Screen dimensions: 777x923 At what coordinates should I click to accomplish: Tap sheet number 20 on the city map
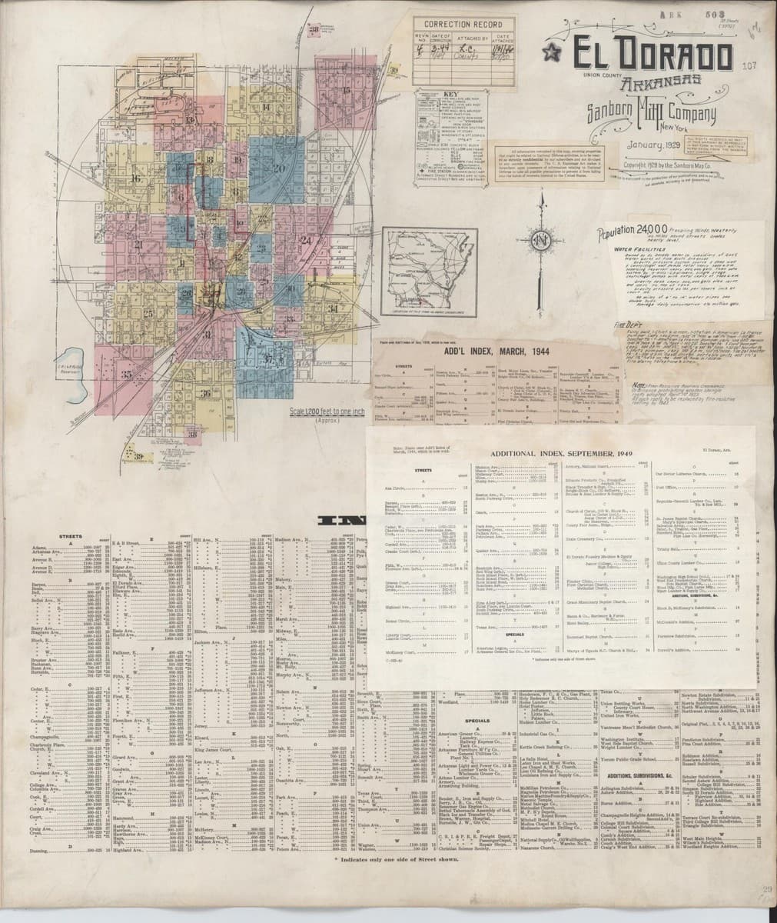point(279,168)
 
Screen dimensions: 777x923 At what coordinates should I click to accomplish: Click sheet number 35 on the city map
point(127,374)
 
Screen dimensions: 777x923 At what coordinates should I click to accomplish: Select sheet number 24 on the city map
point(306,240)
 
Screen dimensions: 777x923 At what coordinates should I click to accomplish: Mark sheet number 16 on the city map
point(135,178)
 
